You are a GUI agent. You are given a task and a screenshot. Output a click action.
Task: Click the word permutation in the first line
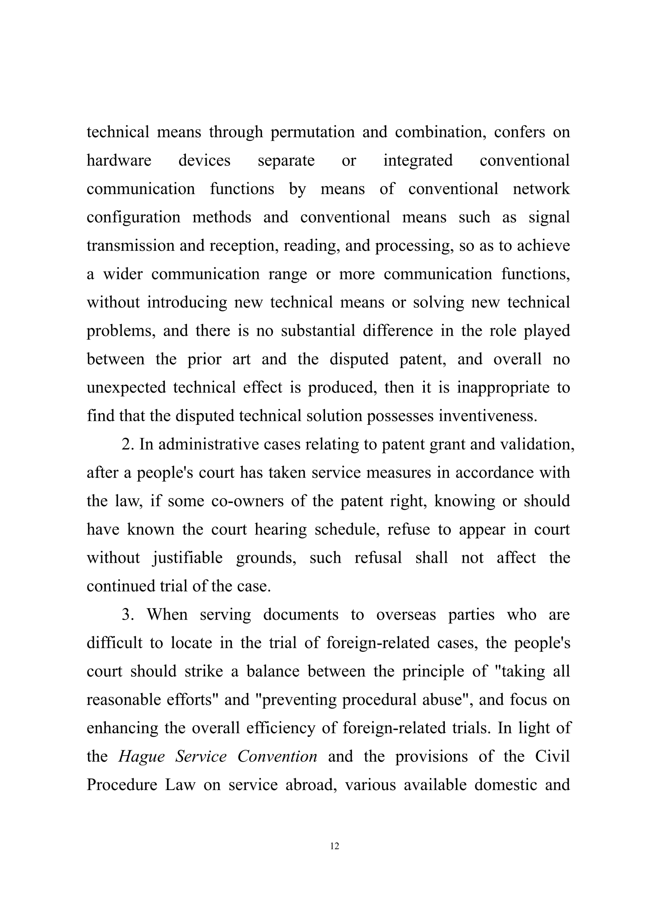tap(312, 132)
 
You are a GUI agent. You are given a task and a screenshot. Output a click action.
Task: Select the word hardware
tap(119, 160)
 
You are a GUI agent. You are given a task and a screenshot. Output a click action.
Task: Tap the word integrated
tap(418, 160)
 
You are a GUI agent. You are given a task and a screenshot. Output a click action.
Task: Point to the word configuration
tap(133, 217)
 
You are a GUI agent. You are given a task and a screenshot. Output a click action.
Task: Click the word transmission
tap(130, 246)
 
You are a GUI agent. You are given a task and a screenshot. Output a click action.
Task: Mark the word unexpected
tap(126, 388)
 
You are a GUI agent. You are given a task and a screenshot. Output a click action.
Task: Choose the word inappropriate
tap(503, 388)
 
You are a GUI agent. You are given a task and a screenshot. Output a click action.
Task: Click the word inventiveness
tap(487, 416)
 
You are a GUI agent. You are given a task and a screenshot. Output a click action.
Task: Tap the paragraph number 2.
tap(127, 445)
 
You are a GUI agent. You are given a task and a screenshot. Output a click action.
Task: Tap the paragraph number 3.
tap(127, 615)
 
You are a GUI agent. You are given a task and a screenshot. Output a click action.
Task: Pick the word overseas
tap(406, 615)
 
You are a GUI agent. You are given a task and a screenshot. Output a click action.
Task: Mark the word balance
tap(273, 672)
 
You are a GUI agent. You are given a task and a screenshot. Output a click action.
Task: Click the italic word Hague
tap(141, 757)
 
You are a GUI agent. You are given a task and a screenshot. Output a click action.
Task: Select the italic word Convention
tap(277, 757)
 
